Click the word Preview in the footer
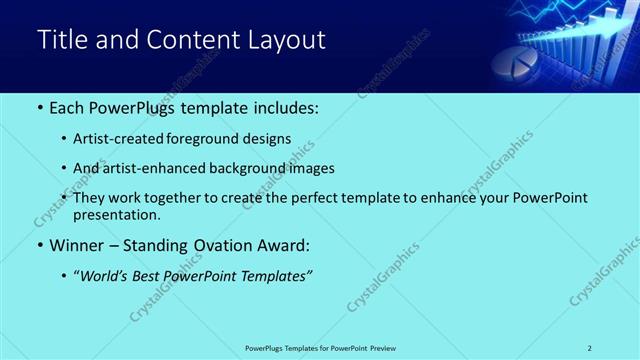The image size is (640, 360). [x=383, y=348]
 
